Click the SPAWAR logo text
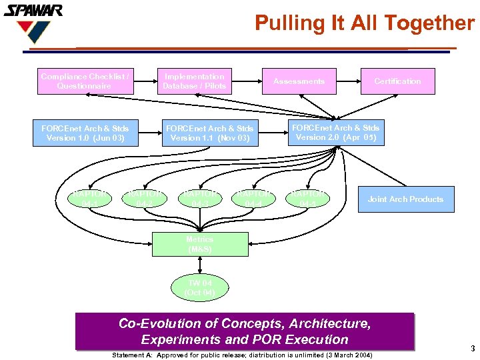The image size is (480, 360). point(33,11)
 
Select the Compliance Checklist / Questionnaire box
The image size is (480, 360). point(84,81)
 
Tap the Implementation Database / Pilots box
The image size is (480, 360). point(195,81)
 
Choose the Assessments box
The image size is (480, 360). point(299,81)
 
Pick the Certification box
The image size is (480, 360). point(397,81)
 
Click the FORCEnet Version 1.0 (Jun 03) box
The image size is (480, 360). point(85,133)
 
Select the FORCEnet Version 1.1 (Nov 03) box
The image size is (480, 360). point(209,133)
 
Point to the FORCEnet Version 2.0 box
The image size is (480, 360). point(335,132)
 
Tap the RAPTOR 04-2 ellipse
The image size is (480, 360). point(143,199)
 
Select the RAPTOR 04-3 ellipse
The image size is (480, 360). point(199,199)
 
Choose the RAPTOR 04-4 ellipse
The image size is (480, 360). point(253,199)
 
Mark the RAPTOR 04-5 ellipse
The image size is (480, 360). point(307,199)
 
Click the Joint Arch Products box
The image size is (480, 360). point(405,199)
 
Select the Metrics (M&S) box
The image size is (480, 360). point(200,244)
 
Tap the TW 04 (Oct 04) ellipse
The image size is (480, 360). point(199,288)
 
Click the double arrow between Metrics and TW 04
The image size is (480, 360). point(200,265)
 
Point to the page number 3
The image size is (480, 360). point(472,349)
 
